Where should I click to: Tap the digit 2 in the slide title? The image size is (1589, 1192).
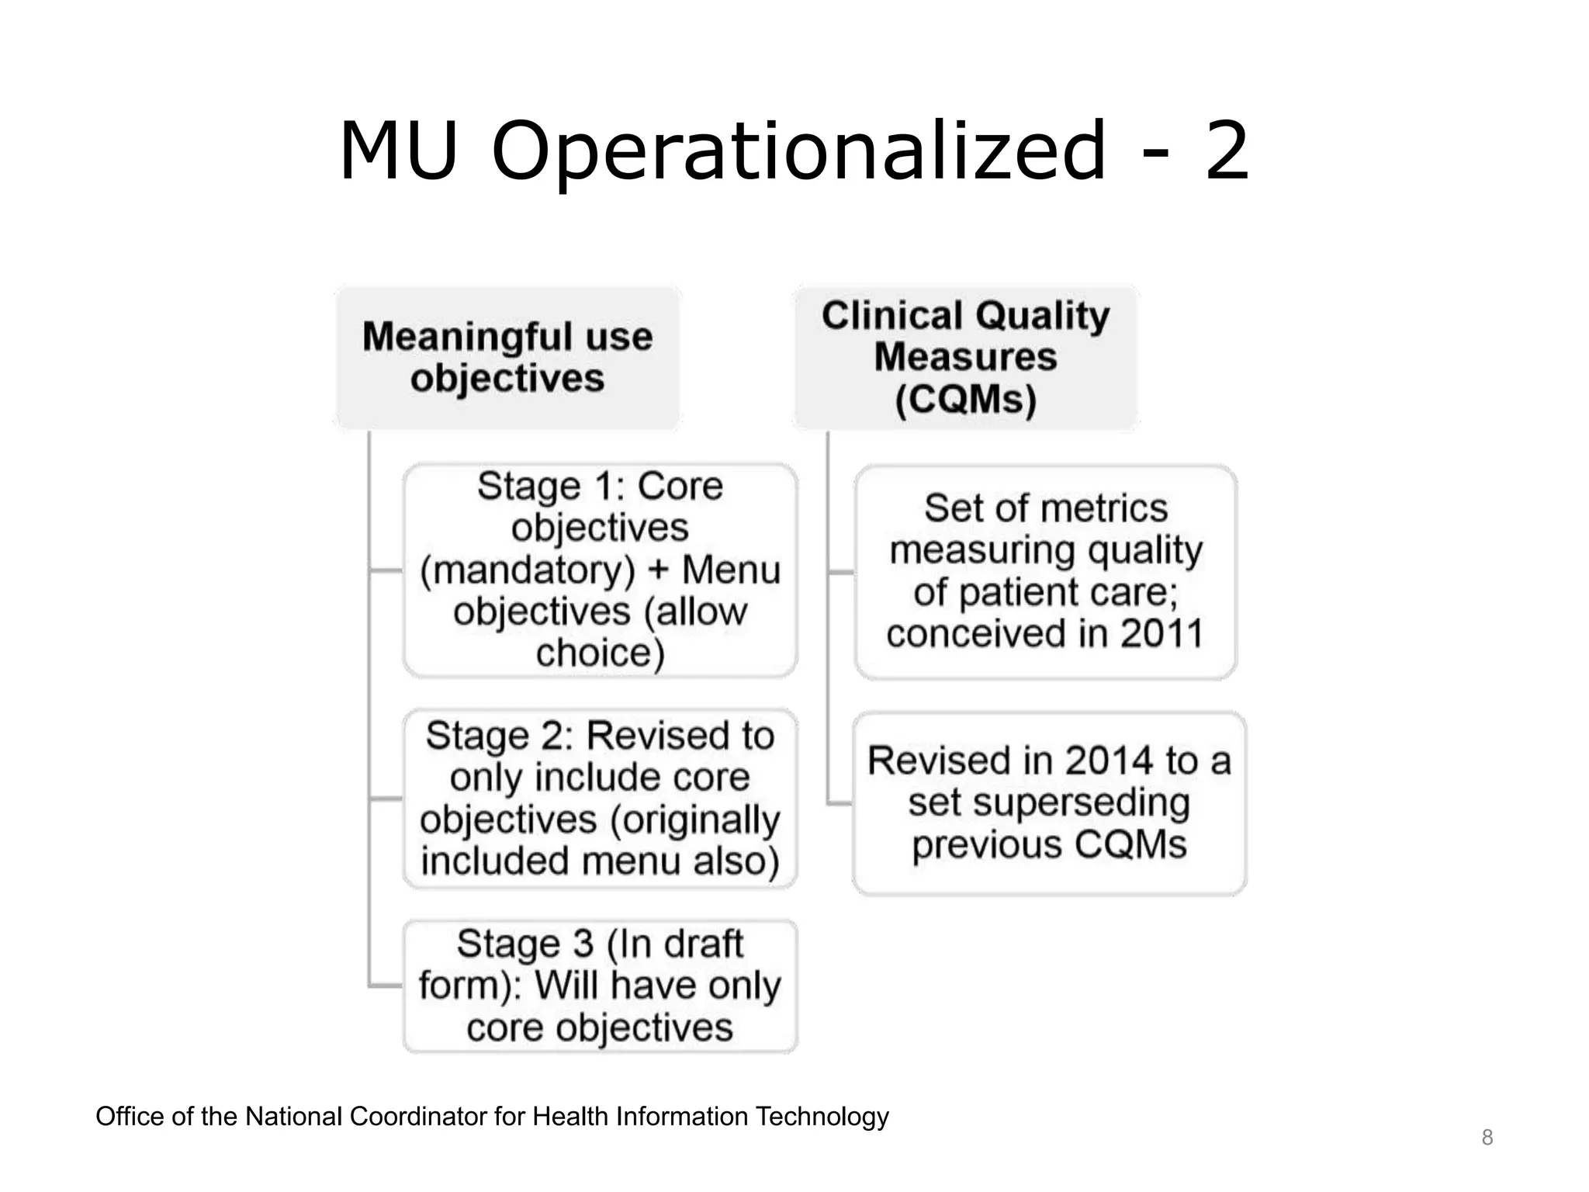(x=1227, y=151)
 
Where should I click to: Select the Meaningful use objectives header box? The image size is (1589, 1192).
(x=507, y=358)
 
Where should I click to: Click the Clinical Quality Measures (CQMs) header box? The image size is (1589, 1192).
(x=965, y=358)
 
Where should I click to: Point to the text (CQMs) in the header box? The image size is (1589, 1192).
(x=965, y=400)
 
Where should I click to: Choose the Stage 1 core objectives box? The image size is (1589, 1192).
(x=600, y=570)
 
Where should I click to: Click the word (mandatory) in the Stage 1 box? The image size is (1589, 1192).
(x=528, y=570)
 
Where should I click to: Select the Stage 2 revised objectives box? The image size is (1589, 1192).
(x=600, y=798)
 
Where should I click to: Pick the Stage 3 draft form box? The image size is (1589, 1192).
(x=600, y=986)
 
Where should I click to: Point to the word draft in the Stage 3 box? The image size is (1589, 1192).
(x=704, y=944)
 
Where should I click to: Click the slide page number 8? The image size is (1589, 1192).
(x=1487, y=1138)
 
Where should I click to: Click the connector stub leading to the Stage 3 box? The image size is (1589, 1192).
(x=386, y=986)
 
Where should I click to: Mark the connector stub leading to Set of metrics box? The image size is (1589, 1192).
(x=841, y=572)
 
